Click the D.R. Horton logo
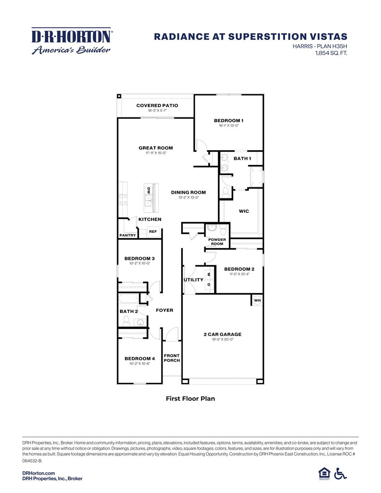(x=72, y=41)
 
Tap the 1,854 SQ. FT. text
(x=331, y=53)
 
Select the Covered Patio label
(x=157, y=105)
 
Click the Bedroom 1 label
(x=229, y=121)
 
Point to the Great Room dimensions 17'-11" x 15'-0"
(x=156, y=153)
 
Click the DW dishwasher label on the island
(x=149, y=190)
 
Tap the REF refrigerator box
(x=153, y=232)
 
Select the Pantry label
(x=128, y=235)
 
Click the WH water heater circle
(x=257, y=301)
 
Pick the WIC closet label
(x=244, y=211)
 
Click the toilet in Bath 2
(x=126, y=321)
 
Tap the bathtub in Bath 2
(x=129, y=298)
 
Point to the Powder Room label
(x=217, y=242)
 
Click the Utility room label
(x=193, y=280)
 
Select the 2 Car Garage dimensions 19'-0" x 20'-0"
(x=223, y=339)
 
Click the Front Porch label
(x=172, y=358)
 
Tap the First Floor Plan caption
(x=190, y=399)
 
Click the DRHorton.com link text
(x=38, y=473)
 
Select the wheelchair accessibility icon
(x=340, y=474)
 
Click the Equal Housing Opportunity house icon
(x=324, y=473)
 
